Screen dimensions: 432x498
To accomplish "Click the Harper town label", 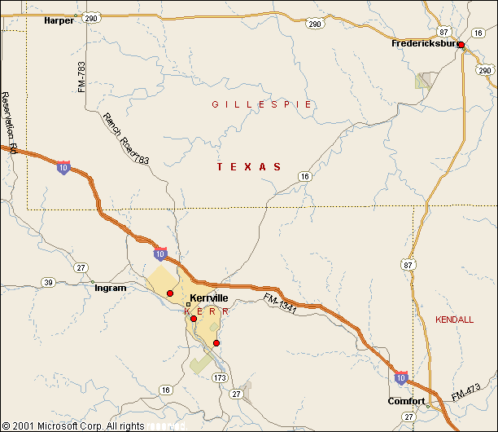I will point(59,20).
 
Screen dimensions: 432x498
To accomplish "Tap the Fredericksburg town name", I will point(423,43).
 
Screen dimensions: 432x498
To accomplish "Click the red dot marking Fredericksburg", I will point(461,45).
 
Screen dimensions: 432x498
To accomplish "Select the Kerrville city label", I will point(209,298).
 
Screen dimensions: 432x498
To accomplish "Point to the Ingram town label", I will point(111,288).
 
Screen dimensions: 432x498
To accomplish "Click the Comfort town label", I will point(406,402).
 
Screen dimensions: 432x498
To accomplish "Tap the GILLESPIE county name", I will point(262,104).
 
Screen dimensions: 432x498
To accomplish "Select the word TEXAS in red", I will point(249,166).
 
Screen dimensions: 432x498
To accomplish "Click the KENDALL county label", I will point(454,320).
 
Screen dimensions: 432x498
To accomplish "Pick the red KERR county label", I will point(208,311).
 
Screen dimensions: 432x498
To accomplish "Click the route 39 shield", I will point(48,283).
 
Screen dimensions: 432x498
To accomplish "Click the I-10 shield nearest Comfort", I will point(401,377).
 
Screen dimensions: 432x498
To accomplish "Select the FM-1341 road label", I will point(279,305).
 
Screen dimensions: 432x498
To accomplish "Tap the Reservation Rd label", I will point(10,122).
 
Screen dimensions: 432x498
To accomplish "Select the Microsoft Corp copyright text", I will point(73,425).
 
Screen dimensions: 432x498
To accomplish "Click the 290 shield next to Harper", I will point(92,18).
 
